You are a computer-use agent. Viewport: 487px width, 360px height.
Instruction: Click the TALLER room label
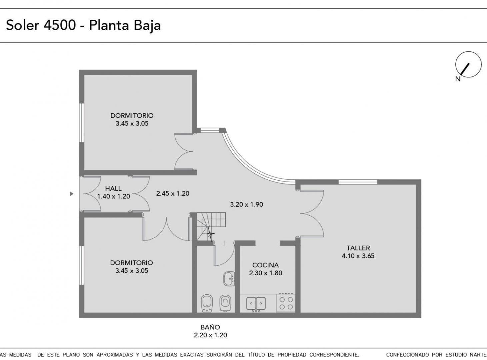[358, 248]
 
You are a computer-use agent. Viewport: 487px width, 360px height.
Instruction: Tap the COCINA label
[265, 265]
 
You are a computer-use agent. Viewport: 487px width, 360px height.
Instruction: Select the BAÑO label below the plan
[210, 327]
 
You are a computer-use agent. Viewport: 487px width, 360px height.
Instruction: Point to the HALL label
[113, 188]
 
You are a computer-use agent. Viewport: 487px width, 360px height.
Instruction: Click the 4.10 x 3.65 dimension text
[358, 256]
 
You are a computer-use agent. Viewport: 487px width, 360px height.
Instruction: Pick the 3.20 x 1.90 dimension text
[246, 204]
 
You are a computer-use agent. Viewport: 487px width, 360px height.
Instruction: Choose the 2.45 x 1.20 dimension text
[173, 194]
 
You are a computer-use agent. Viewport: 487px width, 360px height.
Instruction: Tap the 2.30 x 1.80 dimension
[265, 273]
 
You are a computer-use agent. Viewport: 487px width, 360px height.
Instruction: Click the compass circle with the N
[468, 64]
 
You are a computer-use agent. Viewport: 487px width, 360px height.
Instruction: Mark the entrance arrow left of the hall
[72, 194]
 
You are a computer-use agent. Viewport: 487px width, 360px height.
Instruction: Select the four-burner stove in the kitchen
[286, 303]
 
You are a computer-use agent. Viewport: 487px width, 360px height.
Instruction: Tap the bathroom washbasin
[229, 279]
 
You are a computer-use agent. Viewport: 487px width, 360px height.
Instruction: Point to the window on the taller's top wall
[358, 182]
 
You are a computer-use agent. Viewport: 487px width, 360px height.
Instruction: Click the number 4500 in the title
[60, 25]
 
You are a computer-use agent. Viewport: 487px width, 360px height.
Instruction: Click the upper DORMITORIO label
[132, 116]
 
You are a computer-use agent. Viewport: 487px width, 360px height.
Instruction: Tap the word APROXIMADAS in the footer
[114, 355]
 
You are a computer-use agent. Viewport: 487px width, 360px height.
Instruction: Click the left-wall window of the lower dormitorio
[81, 265]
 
